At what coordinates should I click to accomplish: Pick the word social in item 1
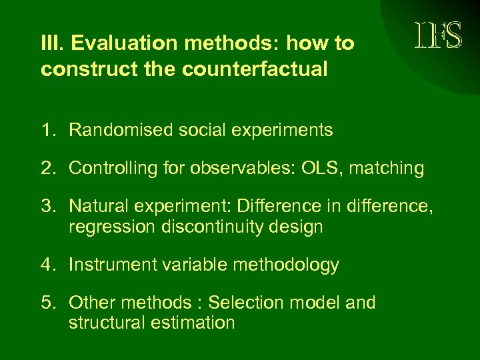point(195,129)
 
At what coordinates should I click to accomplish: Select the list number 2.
point(49,168)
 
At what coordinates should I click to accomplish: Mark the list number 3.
point(49,207)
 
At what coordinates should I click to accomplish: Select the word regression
point(111,227)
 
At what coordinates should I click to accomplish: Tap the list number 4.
point(49,265)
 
